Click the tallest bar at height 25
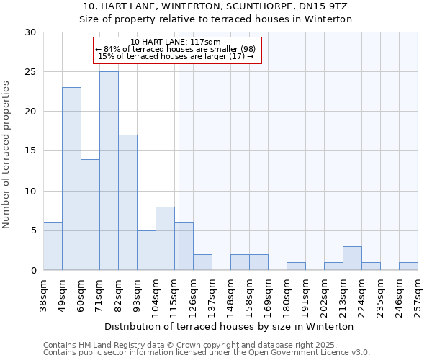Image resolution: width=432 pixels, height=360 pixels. [109, 171]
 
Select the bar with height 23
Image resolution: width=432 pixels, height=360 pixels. [71, 179]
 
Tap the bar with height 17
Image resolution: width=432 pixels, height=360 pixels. [127, 202]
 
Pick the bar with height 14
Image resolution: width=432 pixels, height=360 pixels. [90, 215]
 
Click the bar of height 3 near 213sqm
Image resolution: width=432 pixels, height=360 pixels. [352, 258]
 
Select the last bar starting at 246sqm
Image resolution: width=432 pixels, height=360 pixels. [408, 266]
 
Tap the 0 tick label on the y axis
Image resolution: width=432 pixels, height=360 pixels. [33, 270]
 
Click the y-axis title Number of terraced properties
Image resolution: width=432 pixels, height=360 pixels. [7, 154]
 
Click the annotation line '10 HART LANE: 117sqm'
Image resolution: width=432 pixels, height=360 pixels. [176, 42]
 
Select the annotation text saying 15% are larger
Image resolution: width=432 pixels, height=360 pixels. [176, 56]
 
